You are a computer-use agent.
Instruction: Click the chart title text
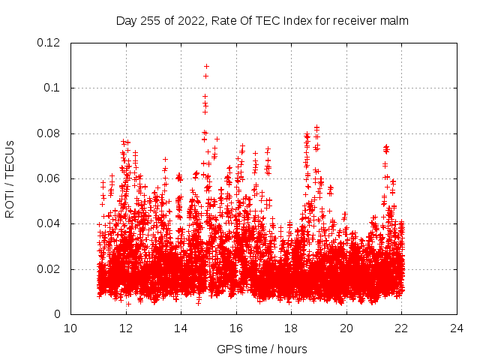tap(262, 20)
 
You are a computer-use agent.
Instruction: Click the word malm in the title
tap(396, 20)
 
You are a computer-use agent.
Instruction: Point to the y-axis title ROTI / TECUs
tap(10, 178)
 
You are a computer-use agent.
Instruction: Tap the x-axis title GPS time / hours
tap(262, 349)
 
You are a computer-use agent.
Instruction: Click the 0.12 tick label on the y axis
tap(50, 43)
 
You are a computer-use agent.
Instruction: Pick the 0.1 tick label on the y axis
tap(55, 88)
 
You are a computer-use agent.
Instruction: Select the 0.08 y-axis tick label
tap(50, 133)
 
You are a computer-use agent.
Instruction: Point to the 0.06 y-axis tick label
tap(50, 178)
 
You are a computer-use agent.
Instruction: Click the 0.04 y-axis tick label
tap(50, 223)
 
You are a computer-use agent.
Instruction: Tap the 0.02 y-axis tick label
tap(50, 269)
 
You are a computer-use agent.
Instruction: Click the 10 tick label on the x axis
tap(70, 328)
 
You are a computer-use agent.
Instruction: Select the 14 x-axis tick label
tap(181, 328)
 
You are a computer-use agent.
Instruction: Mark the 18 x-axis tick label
tap(291, 328)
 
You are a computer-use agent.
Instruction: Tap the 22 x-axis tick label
tap(401, 328)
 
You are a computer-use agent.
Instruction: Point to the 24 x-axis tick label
tap(457, 328)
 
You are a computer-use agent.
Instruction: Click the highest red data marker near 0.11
tap(206, 66)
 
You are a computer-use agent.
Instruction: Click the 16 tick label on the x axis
tap(236, 328)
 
